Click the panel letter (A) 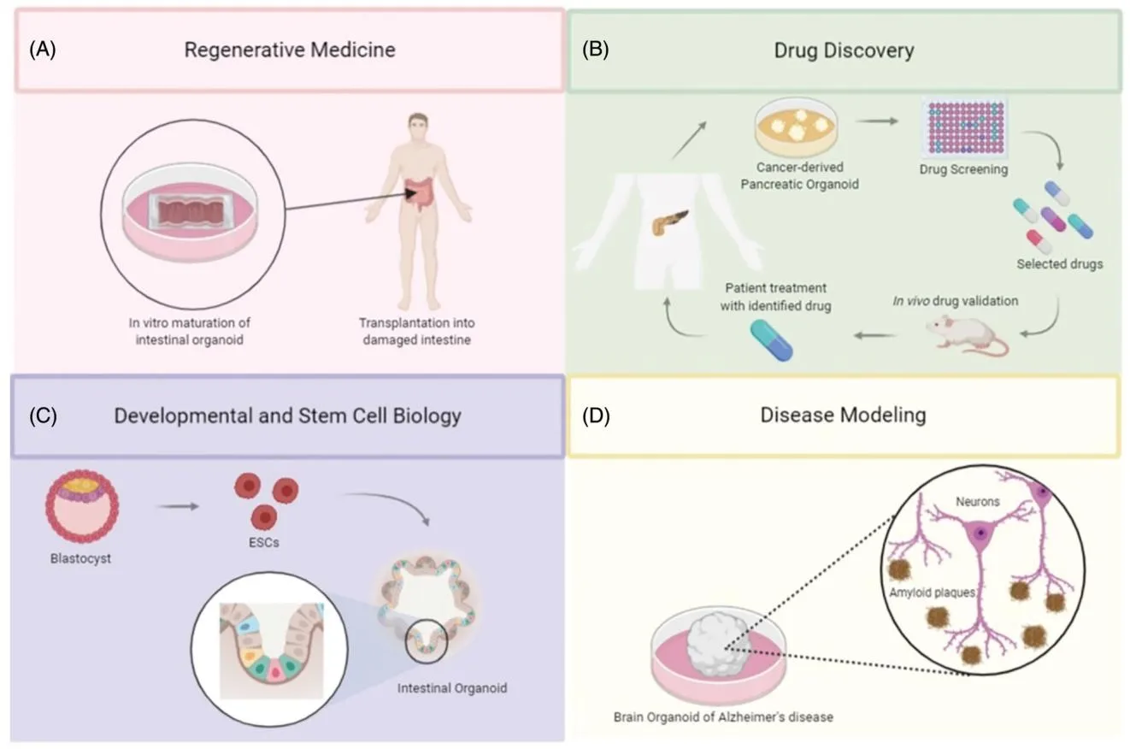point(42,50)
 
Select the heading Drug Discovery point(844,50)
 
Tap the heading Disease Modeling point(843,416)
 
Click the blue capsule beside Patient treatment point(771,339)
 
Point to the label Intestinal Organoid point(452,687)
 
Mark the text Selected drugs point(1059,264)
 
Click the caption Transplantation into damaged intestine point(416,331)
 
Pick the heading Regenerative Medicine point(290,50)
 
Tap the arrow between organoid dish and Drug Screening point(881,121)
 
